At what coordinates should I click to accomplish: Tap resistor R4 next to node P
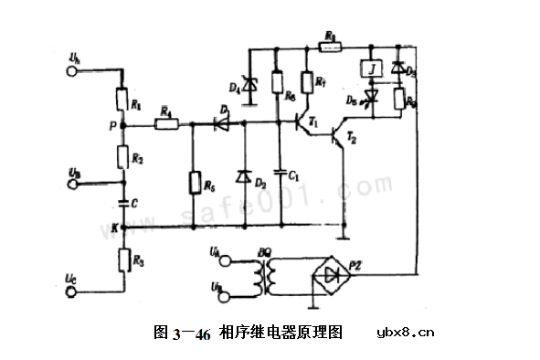point(166,122)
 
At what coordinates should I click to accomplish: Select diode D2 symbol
point(245,175)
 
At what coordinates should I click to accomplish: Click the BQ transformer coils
point(268,275)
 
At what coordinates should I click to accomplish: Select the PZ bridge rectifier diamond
point(335,275)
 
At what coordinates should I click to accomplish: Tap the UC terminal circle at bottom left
point(73,293)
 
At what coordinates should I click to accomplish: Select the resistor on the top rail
point(331,43)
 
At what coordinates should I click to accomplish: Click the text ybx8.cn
point(406,333)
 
